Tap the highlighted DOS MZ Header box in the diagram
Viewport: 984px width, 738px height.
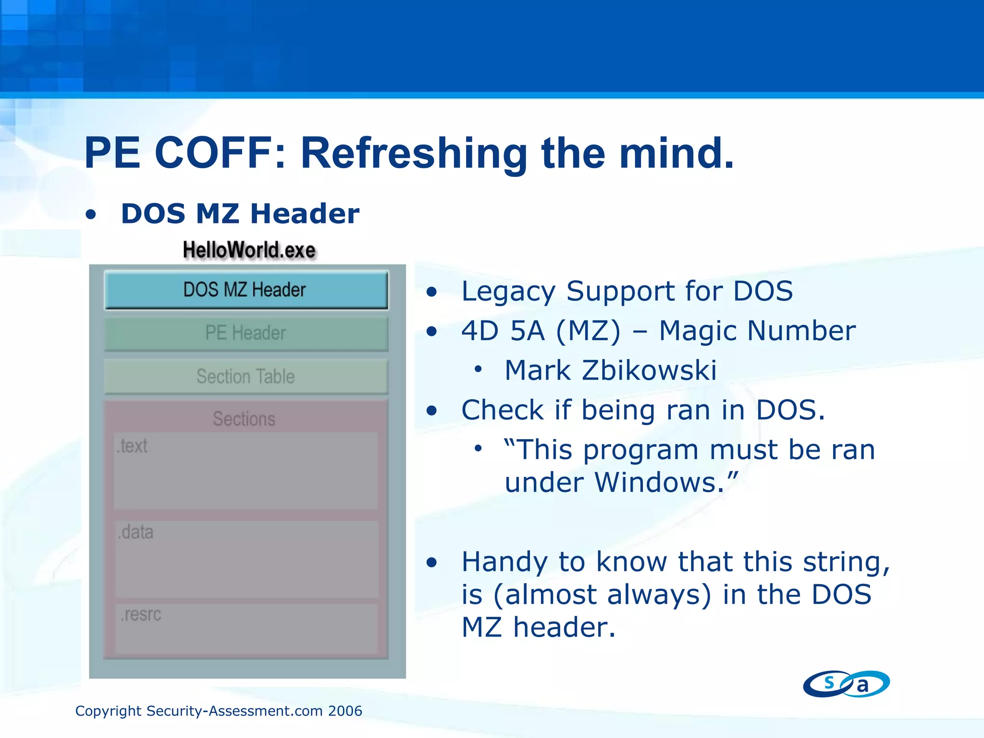246,290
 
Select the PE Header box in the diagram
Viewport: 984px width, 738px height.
246,333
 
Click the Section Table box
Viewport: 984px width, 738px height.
246,376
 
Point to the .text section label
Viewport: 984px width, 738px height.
132,446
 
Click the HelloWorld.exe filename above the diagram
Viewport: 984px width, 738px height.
249,250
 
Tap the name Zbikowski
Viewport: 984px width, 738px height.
649,370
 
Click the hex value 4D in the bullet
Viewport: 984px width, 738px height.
479,331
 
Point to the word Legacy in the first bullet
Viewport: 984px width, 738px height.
508,292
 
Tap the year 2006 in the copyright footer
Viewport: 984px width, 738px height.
344,711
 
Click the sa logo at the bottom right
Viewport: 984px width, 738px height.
846,683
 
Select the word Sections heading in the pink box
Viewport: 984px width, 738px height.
244,419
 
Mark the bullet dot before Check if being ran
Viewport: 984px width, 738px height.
432,411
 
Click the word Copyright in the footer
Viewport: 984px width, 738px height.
108,711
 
